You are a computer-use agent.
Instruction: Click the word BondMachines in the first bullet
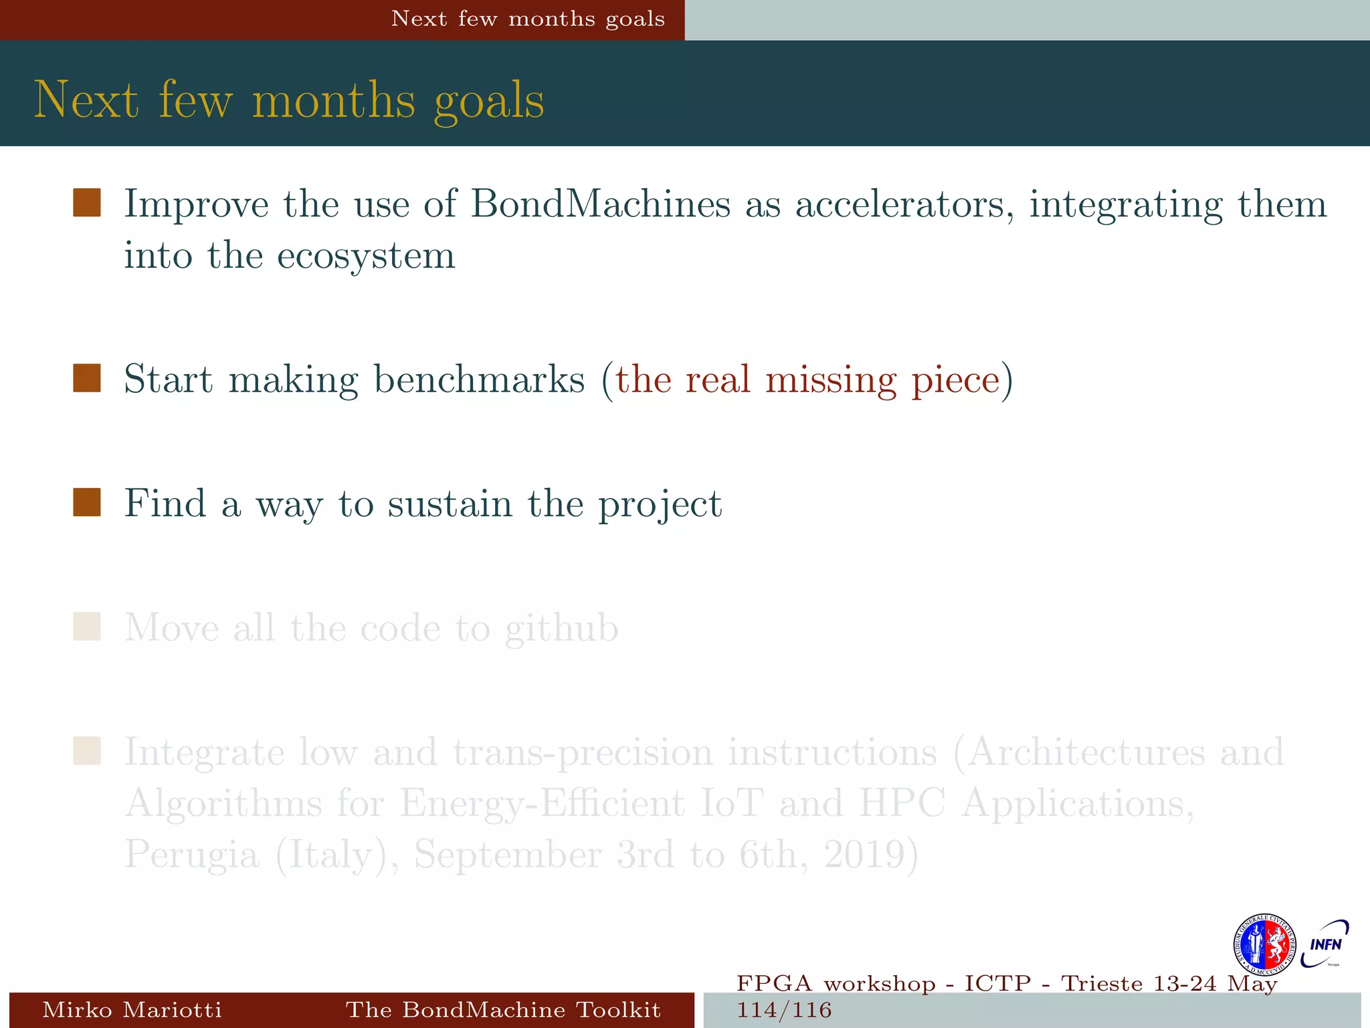click(x=600, y=203)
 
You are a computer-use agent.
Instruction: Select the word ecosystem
click(x=366, y=256)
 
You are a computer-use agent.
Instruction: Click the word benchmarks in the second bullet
click(x=479, y=379)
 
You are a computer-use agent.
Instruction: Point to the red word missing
click(x=830, y=379)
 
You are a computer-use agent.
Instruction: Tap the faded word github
click(x=561, y=628)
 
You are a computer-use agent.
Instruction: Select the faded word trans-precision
click(x=583, y=752)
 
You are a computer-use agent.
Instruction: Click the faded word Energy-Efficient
click(x=542, y=803)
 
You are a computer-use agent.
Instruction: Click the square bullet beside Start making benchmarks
click(x=87, y=378)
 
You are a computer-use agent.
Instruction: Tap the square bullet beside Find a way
click(x=87, y=503)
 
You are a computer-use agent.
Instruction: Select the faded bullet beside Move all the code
click(x=87, y=627)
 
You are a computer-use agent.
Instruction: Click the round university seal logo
click(x=1264, y=945)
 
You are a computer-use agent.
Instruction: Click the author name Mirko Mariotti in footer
click(x=132, y=1009)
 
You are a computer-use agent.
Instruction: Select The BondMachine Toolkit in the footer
click(x=503, y=1009)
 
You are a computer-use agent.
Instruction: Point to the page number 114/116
click(x=784, y=1010)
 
